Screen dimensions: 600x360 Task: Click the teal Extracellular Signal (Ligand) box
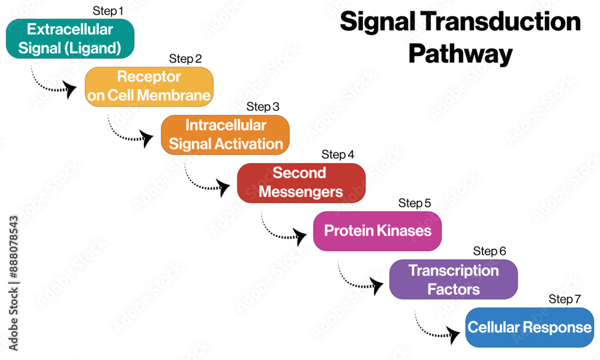point(70,38)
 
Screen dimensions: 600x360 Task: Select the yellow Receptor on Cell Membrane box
point(149,86)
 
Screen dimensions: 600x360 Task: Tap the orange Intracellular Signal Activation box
point(225,134)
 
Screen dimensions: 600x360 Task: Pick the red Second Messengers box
point(301,183)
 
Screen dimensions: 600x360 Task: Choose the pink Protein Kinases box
point(377,231)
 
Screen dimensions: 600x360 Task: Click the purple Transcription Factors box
point(454,279)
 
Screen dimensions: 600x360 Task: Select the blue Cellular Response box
point(530,328)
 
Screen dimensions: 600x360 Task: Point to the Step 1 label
point(108,11)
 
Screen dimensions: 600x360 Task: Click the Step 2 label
point(185,59)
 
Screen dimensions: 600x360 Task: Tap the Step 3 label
point(263,107)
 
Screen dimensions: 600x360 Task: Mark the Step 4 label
point(338,155)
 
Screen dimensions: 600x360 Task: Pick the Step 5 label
point(415,203)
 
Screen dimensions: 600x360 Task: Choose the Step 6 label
point(490,251)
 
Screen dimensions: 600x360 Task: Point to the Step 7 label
point(565,299)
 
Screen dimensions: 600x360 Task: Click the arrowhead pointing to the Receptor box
point(70,89)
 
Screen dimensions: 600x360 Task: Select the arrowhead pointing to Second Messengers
point(223,187)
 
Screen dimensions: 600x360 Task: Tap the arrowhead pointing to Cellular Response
point(453,335)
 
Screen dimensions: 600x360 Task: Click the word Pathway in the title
point(460,54)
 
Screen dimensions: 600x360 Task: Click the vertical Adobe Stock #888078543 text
point(13,283)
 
